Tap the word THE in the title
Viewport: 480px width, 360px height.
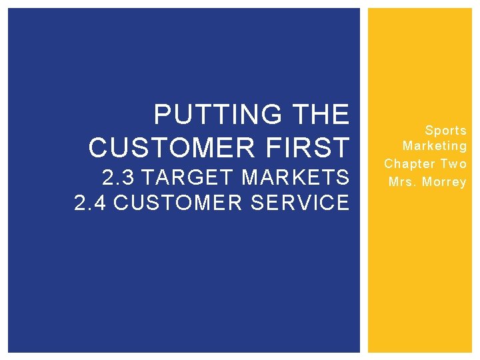pos(321,115)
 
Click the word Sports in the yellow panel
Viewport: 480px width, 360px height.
pos(445,130)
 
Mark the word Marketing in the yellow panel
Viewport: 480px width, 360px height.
pos(435,146)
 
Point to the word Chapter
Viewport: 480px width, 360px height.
pos(409,163)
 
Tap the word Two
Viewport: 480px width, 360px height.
pos(453,163)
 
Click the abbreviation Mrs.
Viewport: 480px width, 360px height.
pos(402,181)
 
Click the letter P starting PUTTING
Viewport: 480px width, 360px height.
pos(161,115)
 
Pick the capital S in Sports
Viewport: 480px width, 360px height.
pos(429,130)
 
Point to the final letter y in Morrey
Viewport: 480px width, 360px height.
pos(463,183)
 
